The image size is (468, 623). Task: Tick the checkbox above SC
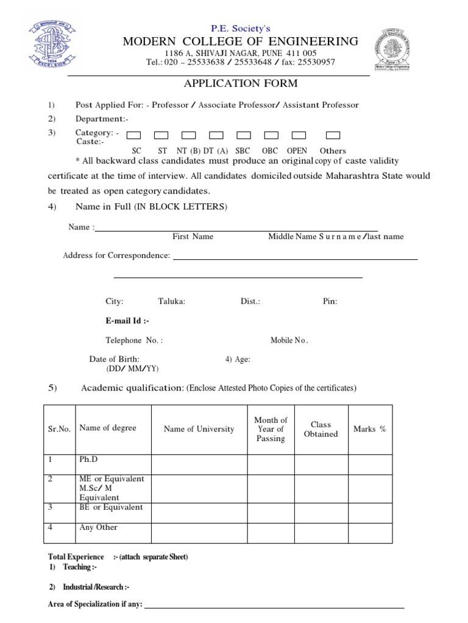(134, 135)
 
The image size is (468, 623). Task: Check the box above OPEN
(299, 135)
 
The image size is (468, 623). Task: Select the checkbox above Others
(333, 135)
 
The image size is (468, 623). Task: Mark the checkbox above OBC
(271, 135)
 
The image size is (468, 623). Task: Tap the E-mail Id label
(127, 321)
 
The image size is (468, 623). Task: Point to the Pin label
(330, 301)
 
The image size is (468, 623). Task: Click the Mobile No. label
(289, 341)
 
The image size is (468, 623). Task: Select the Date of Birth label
(114, 360)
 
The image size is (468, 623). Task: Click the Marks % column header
(369, 429)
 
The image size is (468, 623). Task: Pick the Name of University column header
(199, 429)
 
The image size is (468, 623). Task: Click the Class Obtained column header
(321, 429)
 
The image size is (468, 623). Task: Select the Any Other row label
(98, 527)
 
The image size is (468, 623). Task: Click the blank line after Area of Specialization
(274, 606)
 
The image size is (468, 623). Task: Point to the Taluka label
(171, 301)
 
